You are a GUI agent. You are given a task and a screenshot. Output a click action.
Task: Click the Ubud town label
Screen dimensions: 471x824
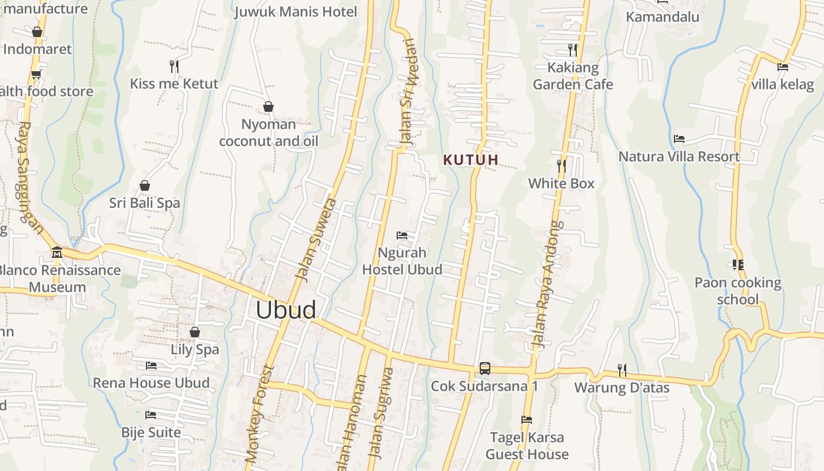coord(285,310)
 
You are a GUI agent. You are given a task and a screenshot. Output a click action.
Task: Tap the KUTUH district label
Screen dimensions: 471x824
coord(471,160)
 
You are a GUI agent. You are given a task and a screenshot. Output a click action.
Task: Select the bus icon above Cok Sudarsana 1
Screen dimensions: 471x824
coord(484,369)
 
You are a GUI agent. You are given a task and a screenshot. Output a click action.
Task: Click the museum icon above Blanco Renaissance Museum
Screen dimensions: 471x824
coord(57,253)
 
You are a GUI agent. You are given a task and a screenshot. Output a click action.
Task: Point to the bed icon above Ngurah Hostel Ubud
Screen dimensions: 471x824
coord(402,235)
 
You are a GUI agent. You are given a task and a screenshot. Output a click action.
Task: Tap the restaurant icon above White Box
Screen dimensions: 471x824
coord(561,166)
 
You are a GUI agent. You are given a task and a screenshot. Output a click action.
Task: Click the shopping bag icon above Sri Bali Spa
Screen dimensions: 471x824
coord(144,186)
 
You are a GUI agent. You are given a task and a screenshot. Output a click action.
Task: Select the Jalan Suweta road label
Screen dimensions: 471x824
coord(316,239)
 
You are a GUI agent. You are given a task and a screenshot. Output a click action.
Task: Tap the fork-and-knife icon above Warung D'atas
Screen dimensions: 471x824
coord(622,370)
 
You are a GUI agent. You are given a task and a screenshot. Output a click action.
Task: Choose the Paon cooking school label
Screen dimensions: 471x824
coord(738,291)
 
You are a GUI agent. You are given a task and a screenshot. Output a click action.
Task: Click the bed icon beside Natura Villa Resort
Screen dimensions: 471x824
coord(679,139)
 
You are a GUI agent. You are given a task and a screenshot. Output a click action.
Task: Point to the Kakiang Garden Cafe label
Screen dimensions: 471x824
coord(573,76)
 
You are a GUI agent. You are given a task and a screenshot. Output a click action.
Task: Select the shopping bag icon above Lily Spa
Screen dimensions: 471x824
coord(195,332)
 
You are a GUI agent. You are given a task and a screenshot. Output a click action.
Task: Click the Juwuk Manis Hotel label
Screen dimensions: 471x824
coord(295,12)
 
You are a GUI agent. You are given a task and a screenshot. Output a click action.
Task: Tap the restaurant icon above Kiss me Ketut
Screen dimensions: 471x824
coord(174,66)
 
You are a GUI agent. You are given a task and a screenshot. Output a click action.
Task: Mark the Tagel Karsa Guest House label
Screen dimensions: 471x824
coord(527,446)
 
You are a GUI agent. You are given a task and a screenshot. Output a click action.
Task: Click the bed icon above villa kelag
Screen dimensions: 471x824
coord(783,67)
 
